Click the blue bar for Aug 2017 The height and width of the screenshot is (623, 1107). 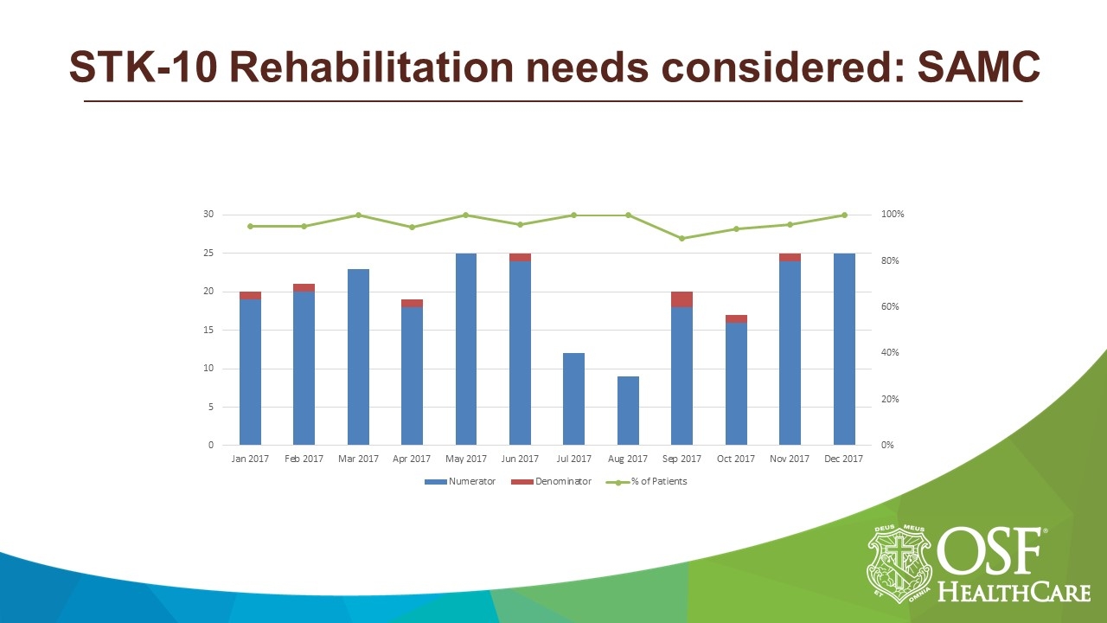[x=628, y=411]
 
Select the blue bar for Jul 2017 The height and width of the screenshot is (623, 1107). [x=574, y=399]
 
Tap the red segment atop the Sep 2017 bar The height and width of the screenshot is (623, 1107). [x=681, y=299]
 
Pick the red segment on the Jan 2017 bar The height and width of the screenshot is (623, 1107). [x=250, y=296]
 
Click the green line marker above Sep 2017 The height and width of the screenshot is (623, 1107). [x=681, y=239]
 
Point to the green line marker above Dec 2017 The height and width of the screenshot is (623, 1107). [x=844, y=215]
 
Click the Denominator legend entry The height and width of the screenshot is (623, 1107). [x=551, y=481]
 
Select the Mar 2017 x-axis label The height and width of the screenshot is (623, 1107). [x=358, y=459]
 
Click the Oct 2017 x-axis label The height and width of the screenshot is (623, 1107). [x=736, y=459]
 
